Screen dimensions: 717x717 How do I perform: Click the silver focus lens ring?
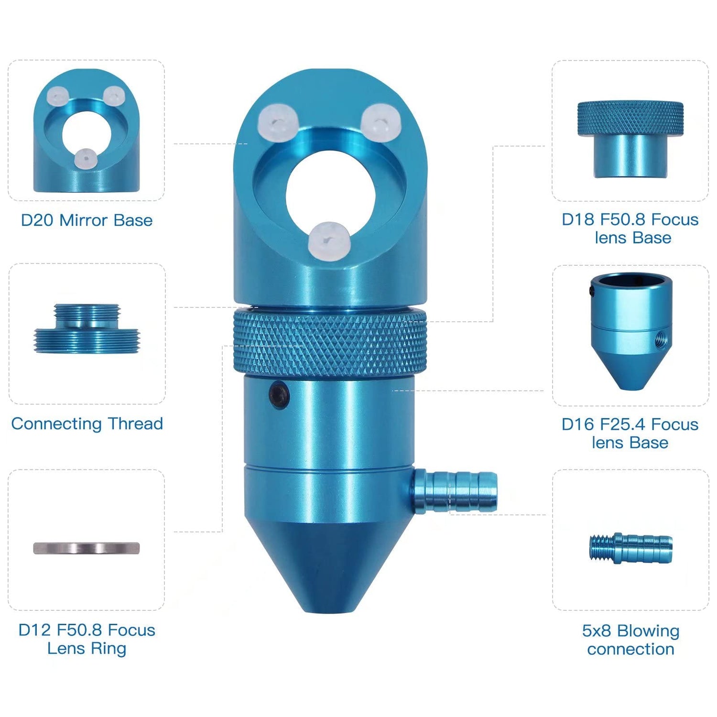pyautogui.click(x=87, y=548)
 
